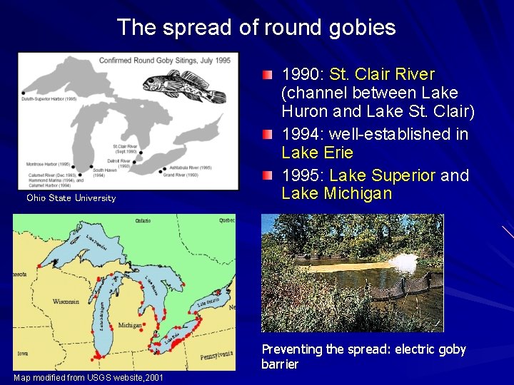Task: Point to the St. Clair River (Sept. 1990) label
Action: tap(126, 149)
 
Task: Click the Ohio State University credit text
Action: tap(71, 198)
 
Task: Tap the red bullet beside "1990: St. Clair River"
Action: tap(267, 75)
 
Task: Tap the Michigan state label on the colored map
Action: tap(129, 325)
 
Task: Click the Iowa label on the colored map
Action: tap(24, 352)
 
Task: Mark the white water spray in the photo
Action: tap(406, 263)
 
